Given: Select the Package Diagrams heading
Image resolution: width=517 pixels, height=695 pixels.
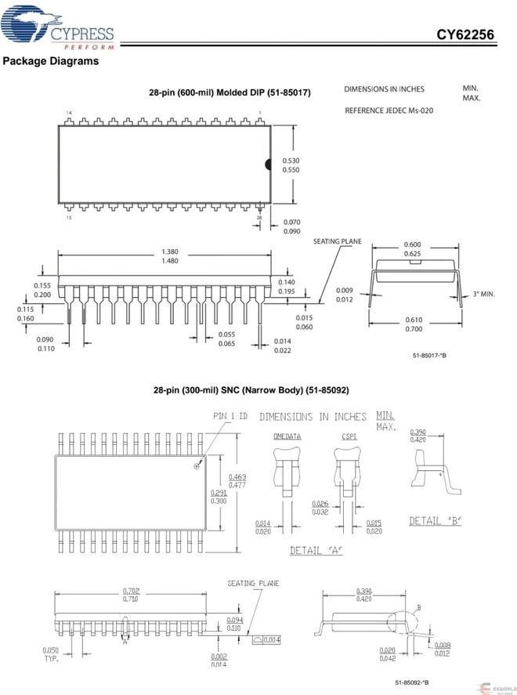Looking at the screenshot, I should pyautogui.click(x=51, y=61).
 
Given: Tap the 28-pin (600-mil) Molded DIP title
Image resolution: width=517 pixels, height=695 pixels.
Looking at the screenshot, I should pyautogui.click(x=230, y=92).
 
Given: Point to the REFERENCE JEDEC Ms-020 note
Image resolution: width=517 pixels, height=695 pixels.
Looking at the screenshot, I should pyautogui.click(x=389, y=110).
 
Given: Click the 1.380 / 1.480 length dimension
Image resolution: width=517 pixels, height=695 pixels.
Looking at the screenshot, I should pyautogui.click(x=169, y=256).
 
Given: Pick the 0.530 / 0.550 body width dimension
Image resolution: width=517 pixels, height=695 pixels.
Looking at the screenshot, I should pyautogui.click(x=290, y=165).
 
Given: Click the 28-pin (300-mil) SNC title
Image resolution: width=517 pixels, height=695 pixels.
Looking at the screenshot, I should pyautogui.click(x=251, y=389).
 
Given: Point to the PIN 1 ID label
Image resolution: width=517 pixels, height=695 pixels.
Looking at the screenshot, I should pyautogui.click(x=230, y=416).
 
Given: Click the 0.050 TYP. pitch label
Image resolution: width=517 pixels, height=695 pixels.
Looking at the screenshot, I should pyautogui.click(x=50, y=655).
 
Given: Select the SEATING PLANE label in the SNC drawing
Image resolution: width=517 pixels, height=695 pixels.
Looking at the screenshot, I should pyautogui.click(x=253, y=583).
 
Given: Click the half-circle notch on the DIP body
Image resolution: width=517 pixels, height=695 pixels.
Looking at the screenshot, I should pyautogui.click(x=268, y=165).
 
